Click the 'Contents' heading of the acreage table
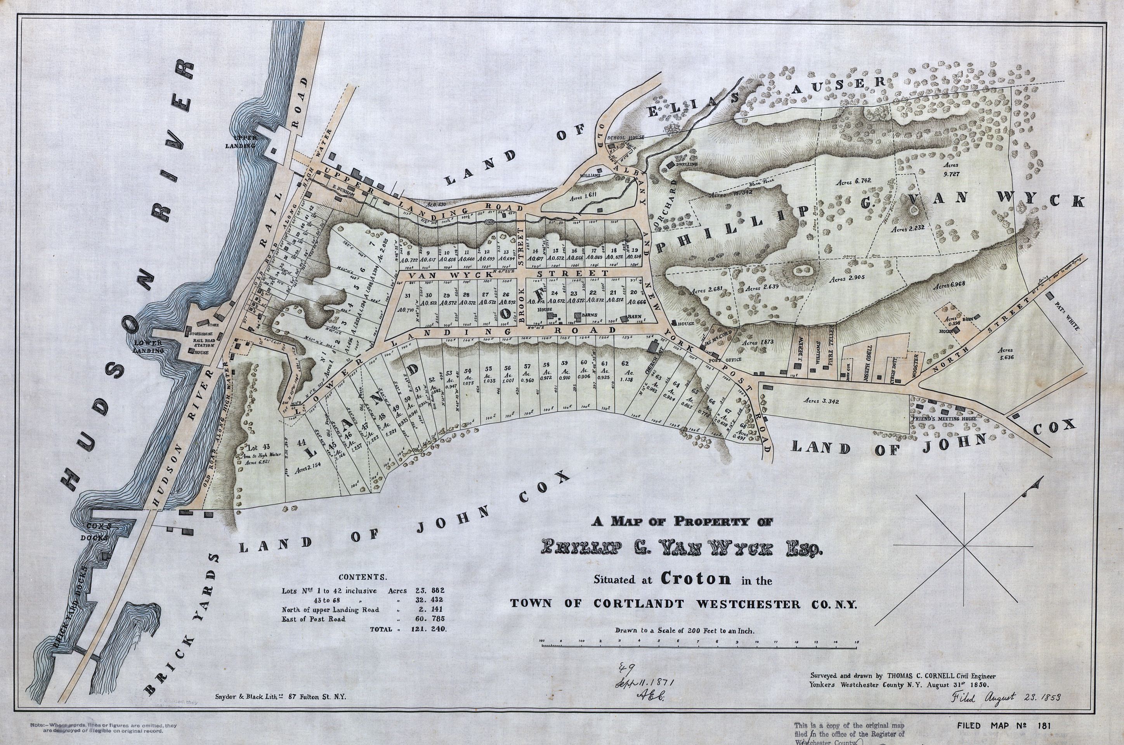tap(362, 577)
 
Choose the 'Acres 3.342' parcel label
tap(822, 401)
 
